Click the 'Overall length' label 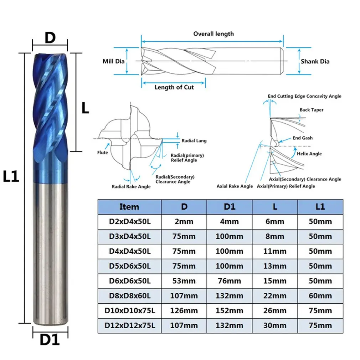pyautogui.click(x=214, y=34)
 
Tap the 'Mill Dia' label pyautogui.click(x=113, y=61)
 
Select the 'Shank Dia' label pyautogui.click(x=315, y=61)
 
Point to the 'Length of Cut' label pyautogui.click(x=174, y=87)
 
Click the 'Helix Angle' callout pyautogui.click(x=309, y=154)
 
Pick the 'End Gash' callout pyautogui.click(x=302, y=138)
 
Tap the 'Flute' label pyautogui.click(x=102, y=153)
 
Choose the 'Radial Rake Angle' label pyautogui.click(x=131, y=186)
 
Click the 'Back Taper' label pyautogui.click(x=311, y=110)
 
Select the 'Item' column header pyautogui.click(x=129, y=207)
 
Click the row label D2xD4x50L pyautogui.click(x=129, y=222)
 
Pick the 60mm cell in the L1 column pyautogui.click(x=320, y=296)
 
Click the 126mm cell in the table pyautogui.click(x=184, y=311)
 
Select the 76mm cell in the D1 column pyautogui.click(x=229, y=281)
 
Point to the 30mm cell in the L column pyautogui.click(x=275, y=325)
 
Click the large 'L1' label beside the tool pyautogui.click(x=11, y=176)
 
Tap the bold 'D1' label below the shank pyautogui.click(x=50, y=340)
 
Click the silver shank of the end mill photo pyautogui.click(x=50, y=250)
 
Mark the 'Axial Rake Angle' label pyautogui.click(x=235, y=186)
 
